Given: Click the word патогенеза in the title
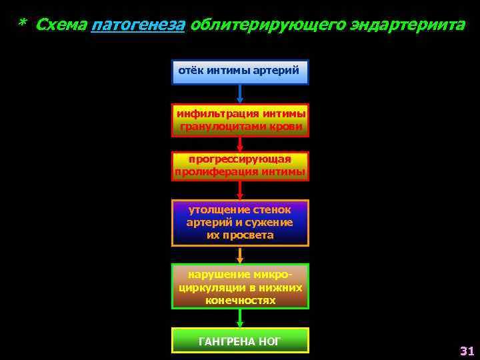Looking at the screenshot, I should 138,25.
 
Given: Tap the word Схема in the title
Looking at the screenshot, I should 61,25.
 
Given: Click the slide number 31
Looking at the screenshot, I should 467,351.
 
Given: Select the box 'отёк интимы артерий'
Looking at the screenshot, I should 240,72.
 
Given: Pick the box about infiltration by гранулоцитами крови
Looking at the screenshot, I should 240,120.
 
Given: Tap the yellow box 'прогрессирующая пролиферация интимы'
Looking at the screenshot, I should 240,166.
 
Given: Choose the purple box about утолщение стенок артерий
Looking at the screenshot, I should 240,223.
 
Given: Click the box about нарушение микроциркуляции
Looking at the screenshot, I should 240,287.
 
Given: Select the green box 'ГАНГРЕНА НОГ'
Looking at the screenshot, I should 240,340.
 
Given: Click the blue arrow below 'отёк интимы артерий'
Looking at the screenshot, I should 240,94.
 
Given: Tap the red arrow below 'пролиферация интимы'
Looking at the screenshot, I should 240,190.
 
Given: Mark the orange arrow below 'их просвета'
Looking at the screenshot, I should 240,255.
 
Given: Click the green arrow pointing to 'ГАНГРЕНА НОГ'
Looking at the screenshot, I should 240,318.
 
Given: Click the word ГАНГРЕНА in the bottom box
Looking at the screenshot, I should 224,341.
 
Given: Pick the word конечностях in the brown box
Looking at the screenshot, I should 240,301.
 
